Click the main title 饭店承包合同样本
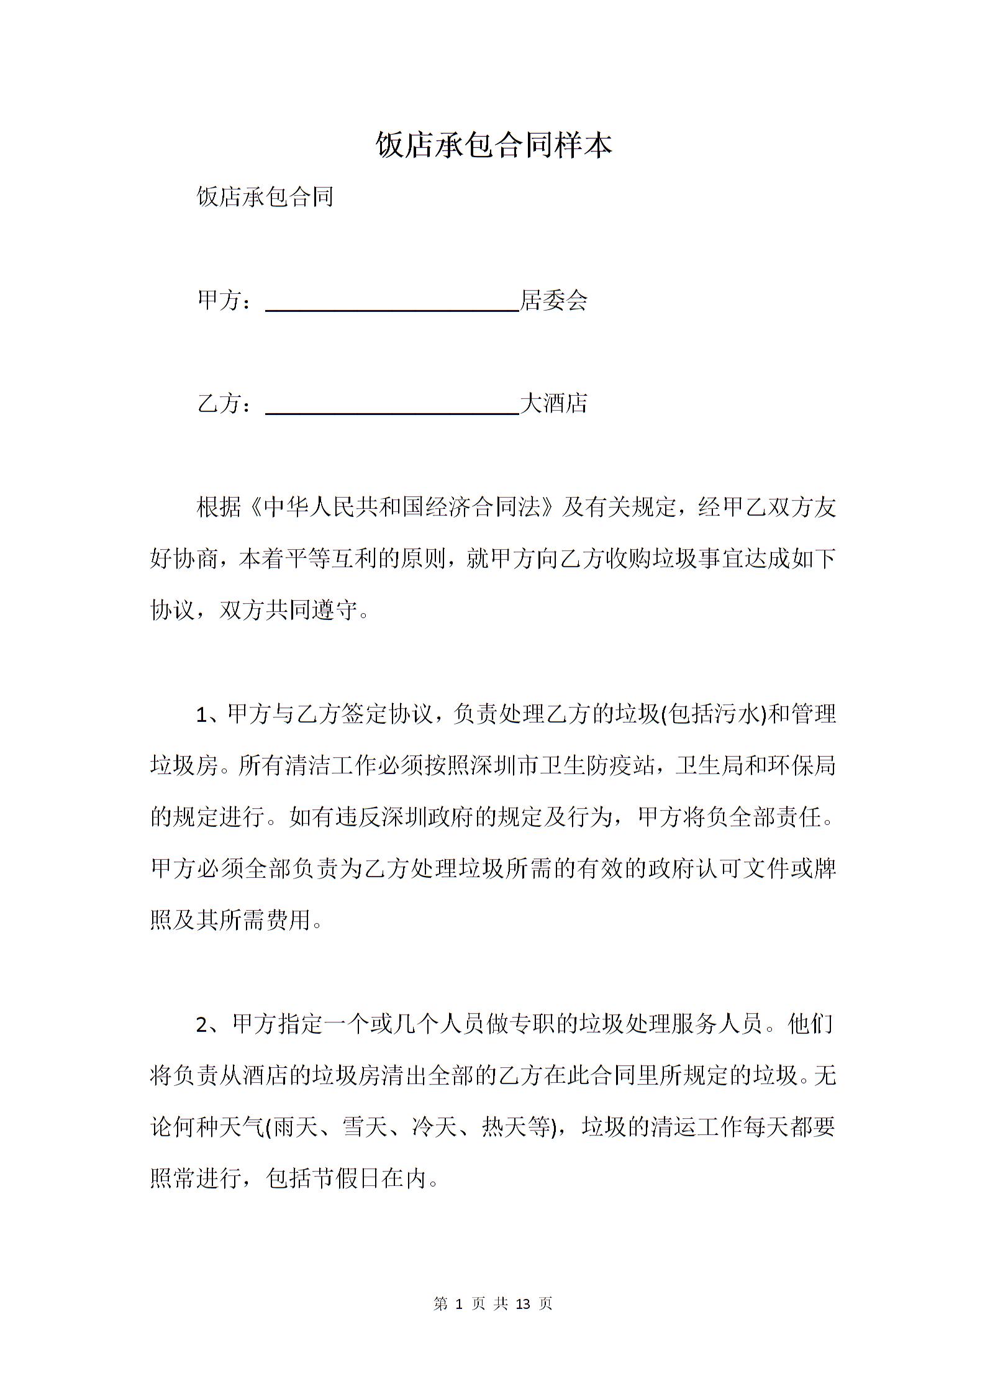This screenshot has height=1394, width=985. [x=494, y=145]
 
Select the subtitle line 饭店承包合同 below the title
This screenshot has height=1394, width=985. [x=265, y=196]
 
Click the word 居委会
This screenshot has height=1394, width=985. [x=553, y=301]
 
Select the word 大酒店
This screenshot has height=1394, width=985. [x=553, y=404]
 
